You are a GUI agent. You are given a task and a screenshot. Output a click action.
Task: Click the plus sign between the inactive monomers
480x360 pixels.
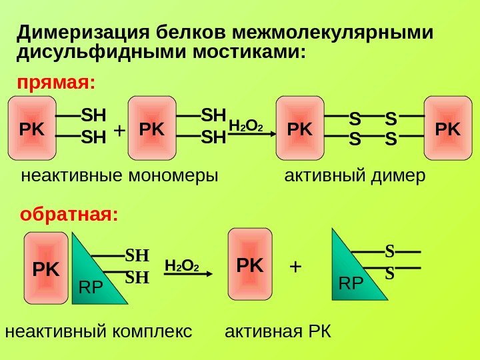[x=120, y=131]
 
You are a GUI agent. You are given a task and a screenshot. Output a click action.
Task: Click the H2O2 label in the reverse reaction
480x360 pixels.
[x=182, y=267]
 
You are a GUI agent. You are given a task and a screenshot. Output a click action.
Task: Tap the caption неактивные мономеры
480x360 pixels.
[x=120, y=177]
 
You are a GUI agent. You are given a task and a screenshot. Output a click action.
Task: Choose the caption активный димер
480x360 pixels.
[x=355, y=177]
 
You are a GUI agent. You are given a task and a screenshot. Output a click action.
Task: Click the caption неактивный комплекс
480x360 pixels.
[x=98, y=331]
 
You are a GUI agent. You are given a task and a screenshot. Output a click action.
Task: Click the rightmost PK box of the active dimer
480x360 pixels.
[x=447, y=129]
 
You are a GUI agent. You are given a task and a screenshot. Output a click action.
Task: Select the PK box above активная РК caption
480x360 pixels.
[x=250, y=265]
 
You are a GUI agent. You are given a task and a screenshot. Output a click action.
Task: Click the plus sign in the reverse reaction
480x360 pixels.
[x=295, y=267]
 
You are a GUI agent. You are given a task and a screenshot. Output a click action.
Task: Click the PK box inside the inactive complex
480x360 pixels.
[x=47, y=270]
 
